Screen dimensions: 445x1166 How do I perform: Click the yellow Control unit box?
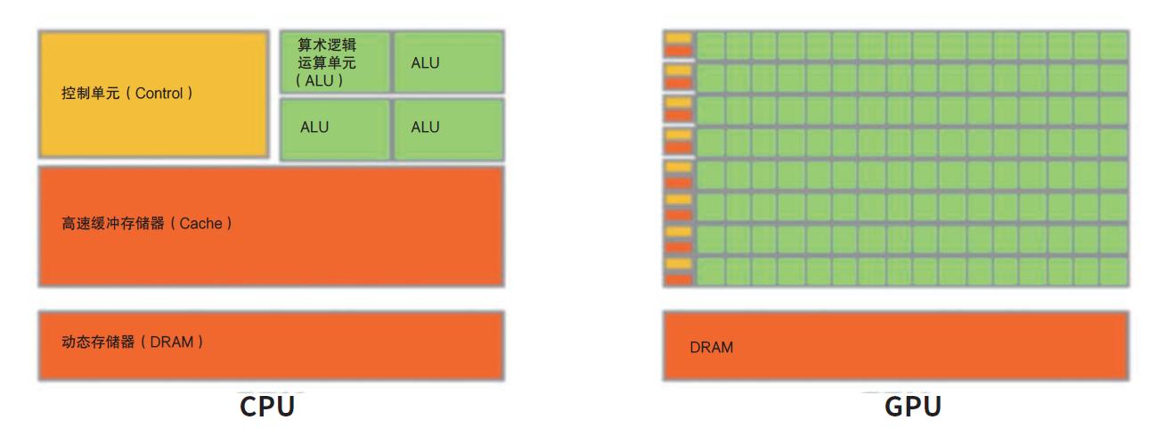click(x=153, y=94)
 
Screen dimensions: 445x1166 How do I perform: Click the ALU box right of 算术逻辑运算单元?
click(x=448, y=62)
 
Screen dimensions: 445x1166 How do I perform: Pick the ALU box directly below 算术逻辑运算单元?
click(x=335, y=128)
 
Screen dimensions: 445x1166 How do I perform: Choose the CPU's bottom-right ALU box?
click(x=448, y=128)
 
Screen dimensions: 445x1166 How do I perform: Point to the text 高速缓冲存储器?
click(x=112, y=224)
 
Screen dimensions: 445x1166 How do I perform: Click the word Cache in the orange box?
click(x=200, y=224)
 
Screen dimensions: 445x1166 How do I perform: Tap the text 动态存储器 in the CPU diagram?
click(x=98, y=342)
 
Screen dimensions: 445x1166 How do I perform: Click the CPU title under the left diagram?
click(x=266, y=407)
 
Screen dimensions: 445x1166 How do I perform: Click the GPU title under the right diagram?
click(x=913, y=407)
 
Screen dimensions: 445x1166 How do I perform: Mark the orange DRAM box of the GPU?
click(x=895, y=346)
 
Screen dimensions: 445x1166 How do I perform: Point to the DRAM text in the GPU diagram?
click(x=711, y=348)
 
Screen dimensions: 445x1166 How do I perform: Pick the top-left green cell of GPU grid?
click(x=710, y=45)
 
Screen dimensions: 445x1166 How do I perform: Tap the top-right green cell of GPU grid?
click(x=1113, y=45)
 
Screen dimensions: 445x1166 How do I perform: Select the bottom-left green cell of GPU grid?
click(x=710, y=271)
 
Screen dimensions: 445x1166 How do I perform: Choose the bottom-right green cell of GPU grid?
click(x=1113, y=271)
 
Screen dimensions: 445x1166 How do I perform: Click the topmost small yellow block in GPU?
click(x=679, y=38)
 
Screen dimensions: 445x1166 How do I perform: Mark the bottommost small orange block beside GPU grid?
click(x=679, y=278)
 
